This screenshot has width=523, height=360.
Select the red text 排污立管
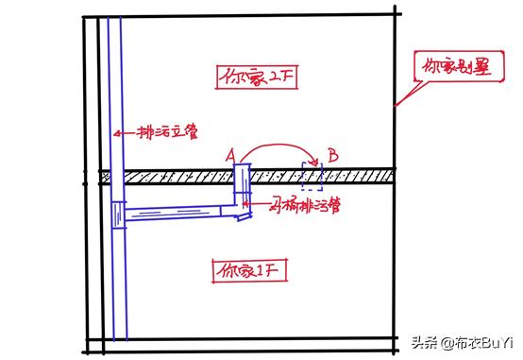click(x=164, y=133)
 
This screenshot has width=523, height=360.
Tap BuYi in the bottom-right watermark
click(x=496, y=341)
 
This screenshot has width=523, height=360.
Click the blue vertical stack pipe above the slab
click(x=115, y=94)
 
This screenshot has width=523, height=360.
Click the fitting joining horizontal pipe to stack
click(x=116, y=215)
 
